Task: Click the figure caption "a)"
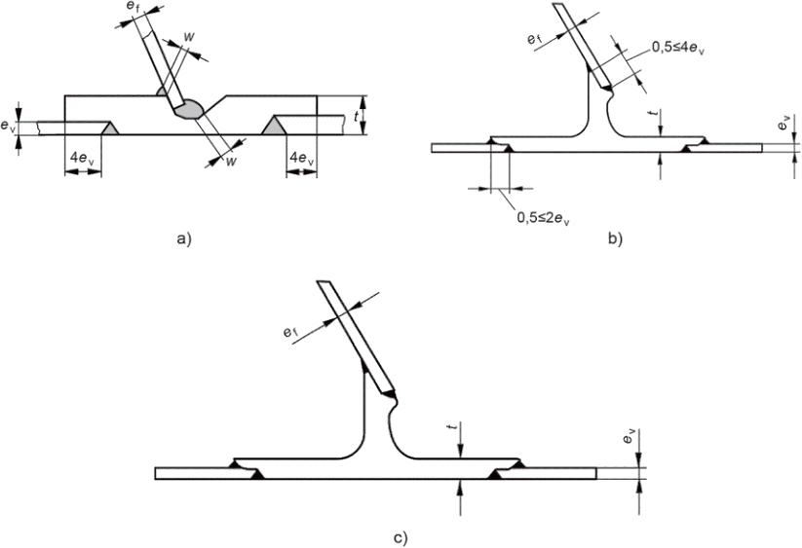(x=185, y=237)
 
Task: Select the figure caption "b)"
(x=614, y=237)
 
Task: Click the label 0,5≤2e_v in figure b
(x=542, y=217)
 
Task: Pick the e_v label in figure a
(x=8, y=126)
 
